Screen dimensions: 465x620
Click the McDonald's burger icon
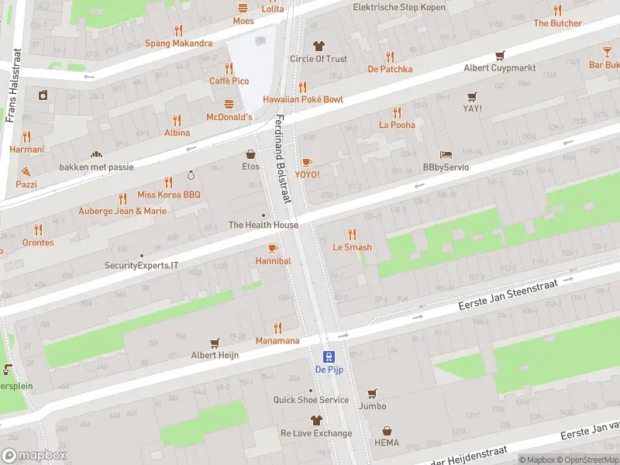229,104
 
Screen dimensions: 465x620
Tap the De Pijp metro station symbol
329,356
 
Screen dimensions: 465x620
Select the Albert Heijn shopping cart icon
215,343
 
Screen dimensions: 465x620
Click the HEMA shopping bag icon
387,431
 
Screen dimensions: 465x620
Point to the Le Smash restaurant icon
352,234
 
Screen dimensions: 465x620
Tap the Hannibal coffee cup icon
272,248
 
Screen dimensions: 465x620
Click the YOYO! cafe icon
306,162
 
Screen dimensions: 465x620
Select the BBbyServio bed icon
446,154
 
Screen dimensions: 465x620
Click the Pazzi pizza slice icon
26,170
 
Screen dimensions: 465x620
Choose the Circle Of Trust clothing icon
318,46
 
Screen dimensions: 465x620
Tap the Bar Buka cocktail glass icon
607,52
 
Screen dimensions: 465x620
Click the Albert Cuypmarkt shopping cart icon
500,55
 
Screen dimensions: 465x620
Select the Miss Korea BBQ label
168,195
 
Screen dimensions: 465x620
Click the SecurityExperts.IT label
142,265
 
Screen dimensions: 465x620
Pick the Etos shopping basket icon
250,153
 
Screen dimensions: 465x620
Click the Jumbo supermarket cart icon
372,393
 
